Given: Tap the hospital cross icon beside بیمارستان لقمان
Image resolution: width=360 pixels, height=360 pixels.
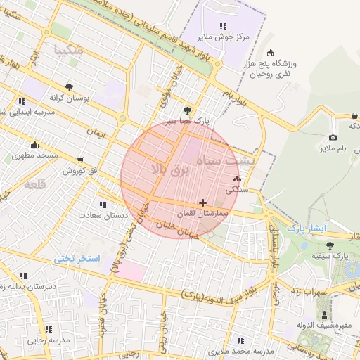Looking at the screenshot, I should (203, 202).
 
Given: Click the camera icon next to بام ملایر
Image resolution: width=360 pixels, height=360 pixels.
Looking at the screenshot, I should (333, 137).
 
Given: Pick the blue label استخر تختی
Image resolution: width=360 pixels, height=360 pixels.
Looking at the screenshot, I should (77, 259).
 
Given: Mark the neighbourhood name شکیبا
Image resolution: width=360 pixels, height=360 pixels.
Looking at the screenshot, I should (69, 50).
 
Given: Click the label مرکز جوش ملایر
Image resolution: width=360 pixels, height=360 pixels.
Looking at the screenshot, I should (224, 37).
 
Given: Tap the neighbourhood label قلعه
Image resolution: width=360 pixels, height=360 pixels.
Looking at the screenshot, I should (35, 185).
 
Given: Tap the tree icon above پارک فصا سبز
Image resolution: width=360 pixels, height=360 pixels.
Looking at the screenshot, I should (186, 110).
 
